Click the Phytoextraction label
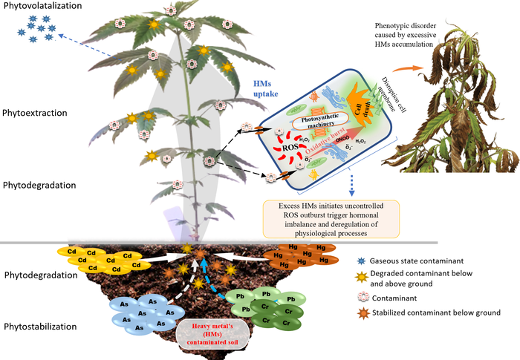point(36,113)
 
